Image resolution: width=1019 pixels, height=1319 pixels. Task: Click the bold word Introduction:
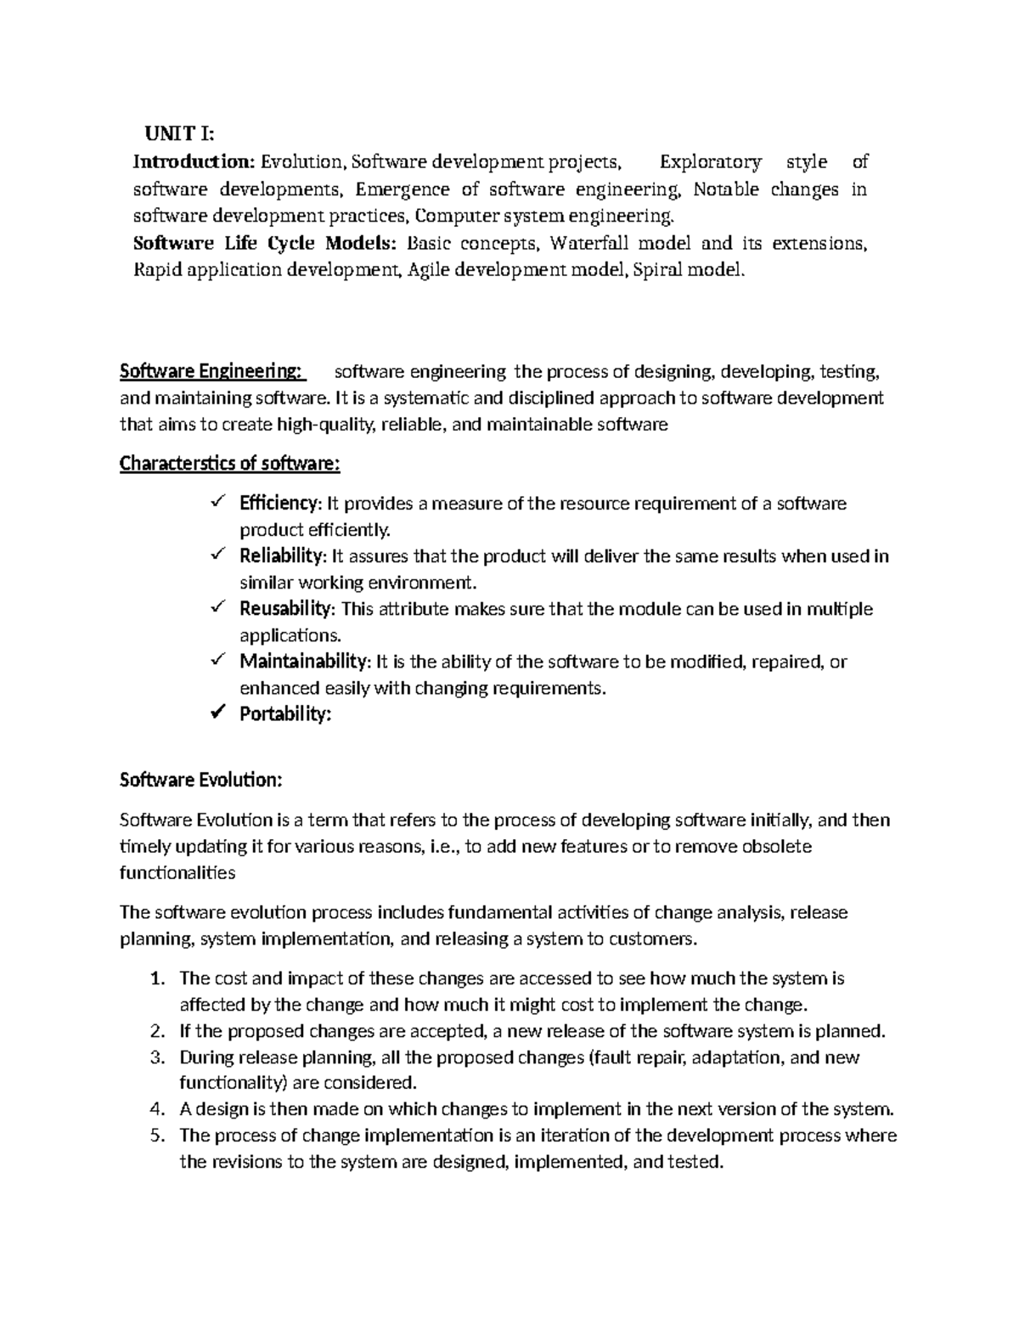[x=194, y=161]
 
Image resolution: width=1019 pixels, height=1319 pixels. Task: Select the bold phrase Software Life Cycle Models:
[x=266, y=243]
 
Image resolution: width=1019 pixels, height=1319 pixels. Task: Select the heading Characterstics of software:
[x=229, y=464]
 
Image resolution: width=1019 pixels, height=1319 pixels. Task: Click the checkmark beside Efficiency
[x=217, y=503]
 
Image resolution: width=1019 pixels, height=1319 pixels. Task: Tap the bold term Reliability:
[x=282, y=556]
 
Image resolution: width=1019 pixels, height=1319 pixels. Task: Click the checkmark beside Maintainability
[x=217, y=660]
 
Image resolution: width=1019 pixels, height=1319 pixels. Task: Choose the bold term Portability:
[x=284, y=714]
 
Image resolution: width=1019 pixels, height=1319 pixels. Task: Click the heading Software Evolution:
[x=200, y=780]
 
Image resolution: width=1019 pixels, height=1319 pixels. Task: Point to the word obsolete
[x=777, y=847]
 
